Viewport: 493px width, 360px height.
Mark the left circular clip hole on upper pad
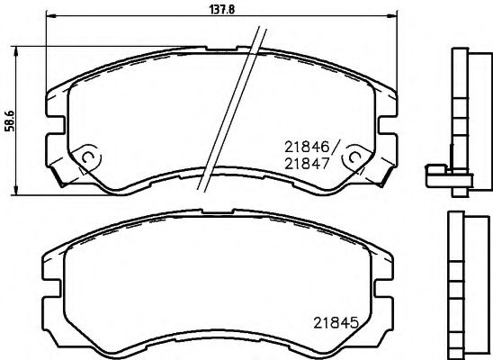coord(88,158)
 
